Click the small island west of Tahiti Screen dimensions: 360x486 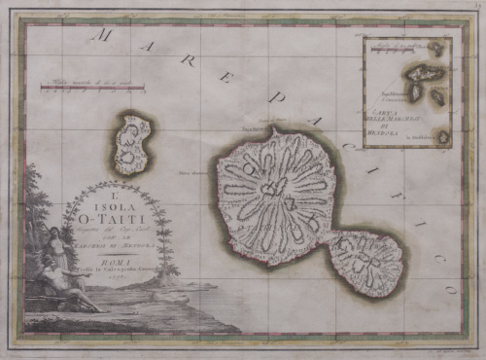click(131, 144)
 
